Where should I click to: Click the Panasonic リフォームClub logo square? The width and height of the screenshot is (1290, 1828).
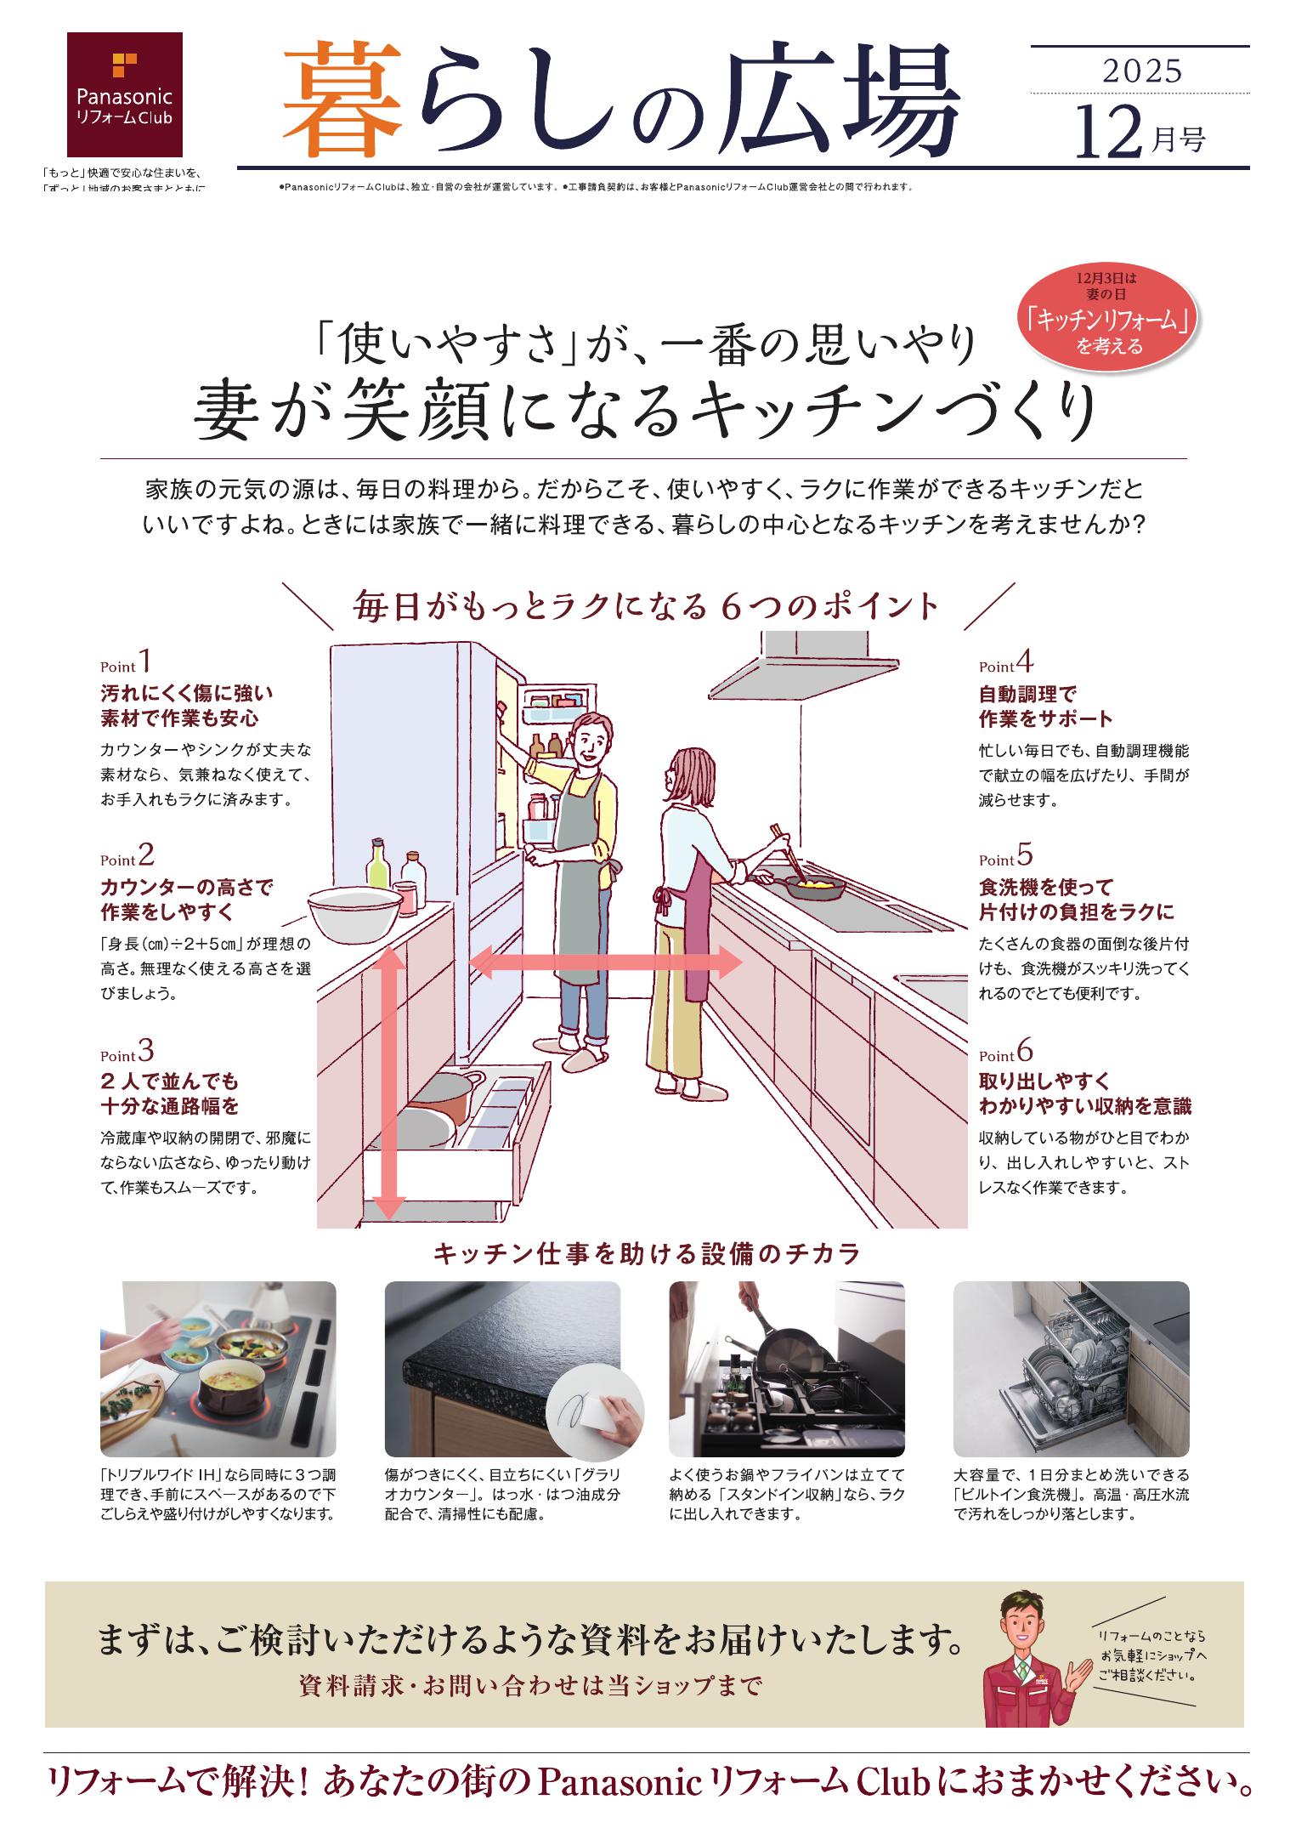click(x=124, y=88)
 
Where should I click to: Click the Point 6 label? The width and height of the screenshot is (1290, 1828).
click(x=1005, y=1053)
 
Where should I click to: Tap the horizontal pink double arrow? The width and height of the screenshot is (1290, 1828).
click(x=606, y=962)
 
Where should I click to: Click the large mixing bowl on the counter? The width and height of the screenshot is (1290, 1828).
click(x=355, y=908)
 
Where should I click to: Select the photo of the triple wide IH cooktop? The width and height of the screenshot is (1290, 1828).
click(x=218, y=1369)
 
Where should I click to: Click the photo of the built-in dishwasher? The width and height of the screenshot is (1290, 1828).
click(x=1070, y=1369)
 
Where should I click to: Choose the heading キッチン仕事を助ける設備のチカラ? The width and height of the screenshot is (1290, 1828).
click(x=647, y=1253)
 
